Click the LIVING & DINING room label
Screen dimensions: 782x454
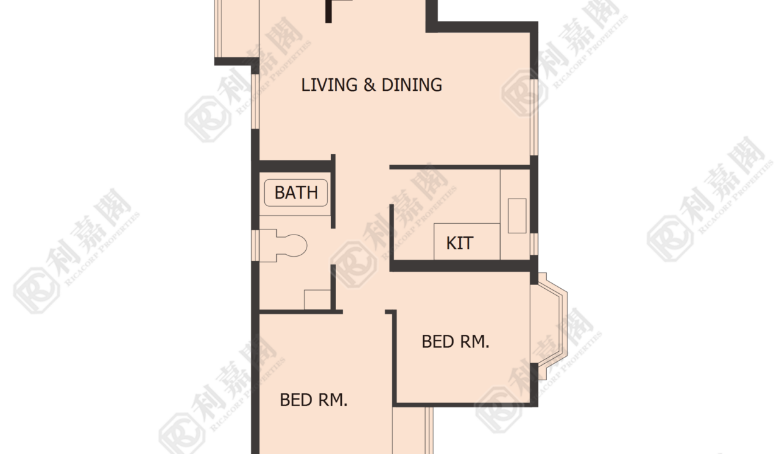[371, 85]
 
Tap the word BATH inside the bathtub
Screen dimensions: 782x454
[296, 192]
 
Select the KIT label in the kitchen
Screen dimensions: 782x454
[459, 243]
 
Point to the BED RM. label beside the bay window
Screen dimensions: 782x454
[455, 342]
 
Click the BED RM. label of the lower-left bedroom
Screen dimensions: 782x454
[313, 400]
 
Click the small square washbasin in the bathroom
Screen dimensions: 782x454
[317, 300]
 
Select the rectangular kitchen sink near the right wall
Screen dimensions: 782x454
[517, 216]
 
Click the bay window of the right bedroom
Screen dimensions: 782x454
[549, 326]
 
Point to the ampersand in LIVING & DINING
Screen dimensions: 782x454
[370, 85]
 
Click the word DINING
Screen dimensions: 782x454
[412, 85]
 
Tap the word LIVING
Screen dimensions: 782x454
[329, 85]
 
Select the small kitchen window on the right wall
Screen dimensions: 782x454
[534, 244]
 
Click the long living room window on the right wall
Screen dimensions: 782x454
[534, 117]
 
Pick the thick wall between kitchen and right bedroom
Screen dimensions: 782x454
[464, 265]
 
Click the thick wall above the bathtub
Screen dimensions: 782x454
[295, 166]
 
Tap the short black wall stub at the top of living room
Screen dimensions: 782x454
[329, 11]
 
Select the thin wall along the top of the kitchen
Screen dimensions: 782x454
[460, 167]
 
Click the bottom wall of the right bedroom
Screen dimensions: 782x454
[465, 404]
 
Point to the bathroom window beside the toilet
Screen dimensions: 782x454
[255, 245]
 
